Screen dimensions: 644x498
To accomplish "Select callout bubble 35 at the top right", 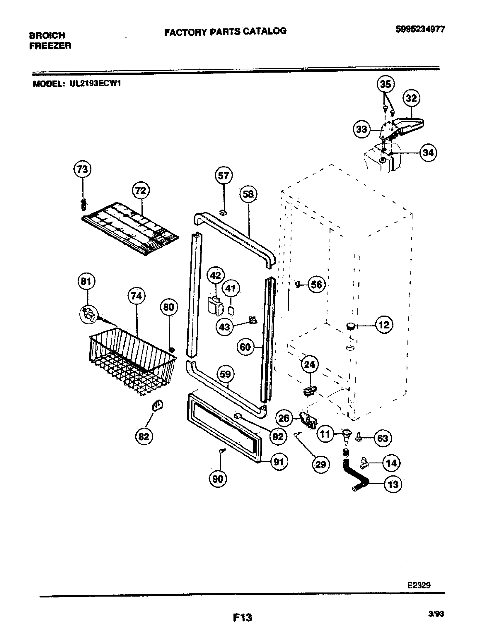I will (385, 84).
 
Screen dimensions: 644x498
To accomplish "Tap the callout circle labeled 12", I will (384, 325).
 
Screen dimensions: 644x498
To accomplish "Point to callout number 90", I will (218, 479).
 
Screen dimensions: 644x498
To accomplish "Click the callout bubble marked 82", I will (144, 436).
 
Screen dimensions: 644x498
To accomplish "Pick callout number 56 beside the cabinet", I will (317, 285).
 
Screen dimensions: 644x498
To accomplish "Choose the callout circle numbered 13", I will (393, 484).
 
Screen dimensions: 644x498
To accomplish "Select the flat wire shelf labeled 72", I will (130, 229).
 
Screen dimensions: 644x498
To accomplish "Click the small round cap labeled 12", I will (350, 326).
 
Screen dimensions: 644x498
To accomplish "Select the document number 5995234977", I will (420, 30).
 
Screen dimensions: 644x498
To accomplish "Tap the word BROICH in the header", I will (47, 35).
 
